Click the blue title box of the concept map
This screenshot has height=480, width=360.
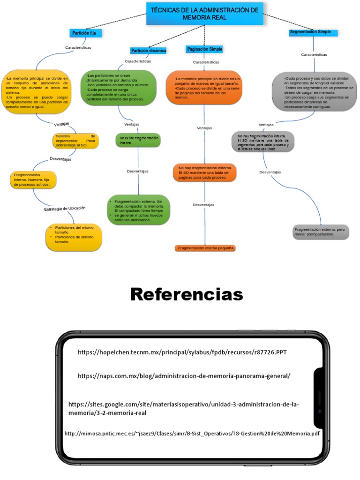click(205, 14)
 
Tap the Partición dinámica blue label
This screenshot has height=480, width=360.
click(149, 51)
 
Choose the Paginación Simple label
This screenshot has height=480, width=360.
click(204, 49)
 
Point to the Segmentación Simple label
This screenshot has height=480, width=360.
click(310, 32)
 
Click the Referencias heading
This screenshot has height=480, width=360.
click(187, 294)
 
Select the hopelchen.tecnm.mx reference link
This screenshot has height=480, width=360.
click(181, 352)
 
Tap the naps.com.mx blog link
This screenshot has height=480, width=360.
click(184, 375)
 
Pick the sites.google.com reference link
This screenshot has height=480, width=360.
click(184, 408)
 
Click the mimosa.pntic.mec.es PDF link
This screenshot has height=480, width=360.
click(192, 434)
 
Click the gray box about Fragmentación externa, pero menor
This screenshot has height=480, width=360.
click(321, 232)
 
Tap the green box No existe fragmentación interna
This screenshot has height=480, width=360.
click(138, 140)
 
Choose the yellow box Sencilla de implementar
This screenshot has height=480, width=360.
click(75, 141)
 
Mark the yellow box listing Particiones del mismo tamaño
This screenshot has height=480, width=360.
click(74, 237)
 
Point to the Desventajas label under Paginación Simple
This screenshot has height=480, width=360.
click(203, 205)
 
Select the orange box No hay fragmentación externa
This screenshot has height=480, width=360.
click(205, 172)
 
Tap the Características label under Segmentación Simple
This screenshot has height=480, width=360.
click(314, 54)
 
